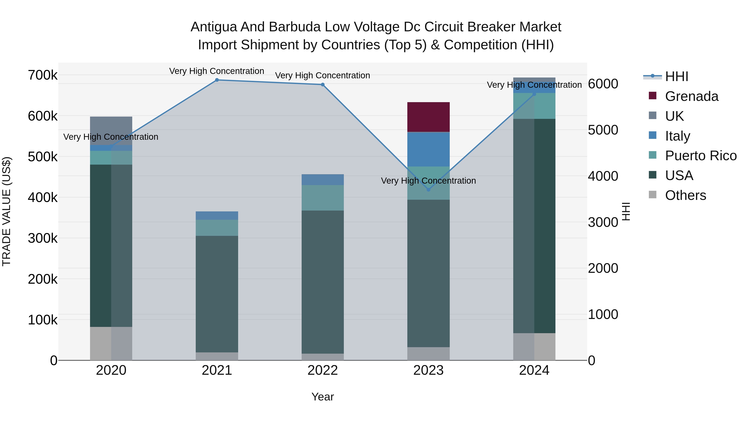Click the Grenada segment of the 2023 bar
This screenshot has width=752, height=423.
click(x=428, y=117)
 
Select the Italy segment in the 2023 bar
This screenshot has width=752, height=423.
click(x=428, y=149)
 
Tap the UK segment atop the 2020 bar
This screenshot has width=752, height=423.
click(x=111, y=131)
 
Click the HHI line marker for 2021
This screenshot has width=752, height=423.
click(x=217, y=80)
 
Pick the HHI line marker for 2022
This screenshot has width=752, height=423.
click(x=323, y=85)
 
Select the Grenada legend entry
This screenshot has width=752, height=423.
click(x=691, y=96)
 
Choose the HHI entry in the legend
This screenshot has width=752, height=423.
click(x=676, y=76)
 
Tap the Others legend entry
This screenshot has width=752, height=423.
click(x=685, y=195)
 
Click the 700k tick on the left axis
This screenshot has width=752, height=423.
click(x=43, y=75)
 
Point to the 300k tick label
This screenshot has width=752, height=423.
click(x=43, y=238)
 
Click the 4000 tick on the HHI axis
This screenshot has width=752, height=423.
click(x=603, y=176)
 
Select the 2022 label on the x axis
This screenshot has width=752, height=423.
click(x=323, y=370)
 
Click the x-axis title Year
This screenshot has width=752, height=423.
click(x=323, y=397)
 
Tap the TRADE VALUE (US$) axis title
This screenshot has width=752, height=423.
click(x=6, y=211)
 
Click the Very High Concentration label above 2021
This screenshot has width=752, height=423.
click(x=217, y=71)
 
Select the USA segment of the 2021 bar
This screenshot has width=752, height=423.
click(x=217, y=294)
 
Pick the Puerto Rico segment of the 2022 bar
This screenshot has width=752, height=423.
click(x=323, y=198)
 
